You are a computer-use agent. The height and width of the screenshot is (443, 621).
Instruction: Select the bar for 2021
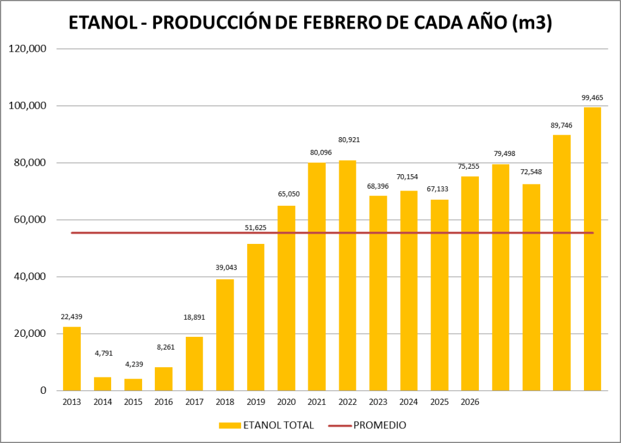(317, 276)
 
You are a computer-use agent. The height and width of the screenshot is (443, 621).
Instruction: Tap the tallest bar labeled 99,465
(592, 249)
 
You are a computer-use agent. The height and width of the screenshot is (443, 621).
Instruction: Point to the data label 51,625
(256, 228)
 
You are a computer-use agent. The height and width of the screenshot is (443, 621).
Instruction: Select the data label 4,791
(103, 353)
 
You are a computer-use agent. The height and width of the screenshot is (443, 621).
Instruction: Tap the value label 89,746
(562, 125)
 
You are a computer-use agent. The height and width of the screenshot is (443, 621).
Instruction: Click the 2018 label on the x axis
(225, 402)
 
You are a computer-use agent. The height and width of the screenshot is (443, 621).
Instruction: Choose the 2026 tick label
(470, 402)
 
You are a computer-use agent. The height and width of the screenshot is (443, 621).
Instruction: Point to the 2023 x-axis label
(378, 402)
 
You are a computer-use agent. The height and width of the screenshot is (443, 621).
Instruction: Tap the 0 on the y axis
(43, 391)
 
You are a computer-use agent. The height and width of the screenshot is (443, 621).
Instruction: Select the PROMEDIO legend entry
(378, 425)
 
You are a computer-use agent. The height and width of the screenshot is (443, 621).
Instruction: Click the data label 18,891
(194, 317)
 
